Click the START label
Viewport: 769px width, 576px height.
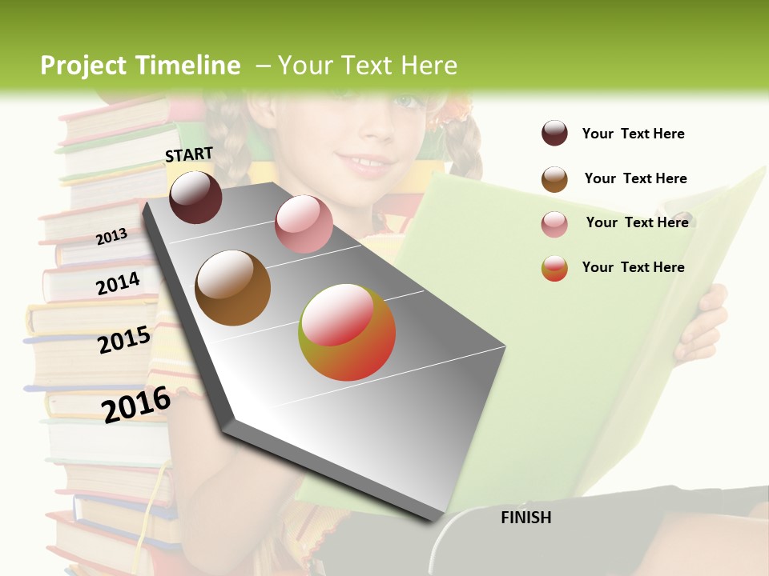(x=189, y=154)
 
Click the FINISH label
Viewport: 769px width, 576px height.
(x=525, y=518)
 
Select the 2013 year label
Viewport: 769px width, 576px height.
(x=111, y=236)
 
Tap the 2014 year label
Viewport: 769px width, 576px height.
(x=118, y=283)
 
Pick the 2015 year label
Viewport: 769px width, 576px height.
(x=124, y=340)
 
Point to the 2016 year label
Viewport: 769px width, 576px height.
(x=136, y=404)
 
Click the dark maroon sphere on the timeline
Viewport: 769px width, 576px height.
(x=195, y=197)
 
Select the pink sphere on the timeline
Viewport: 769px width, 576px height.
(x=304, y=224)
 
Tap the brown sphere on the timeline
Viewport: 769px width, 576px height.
(x=232, y=288)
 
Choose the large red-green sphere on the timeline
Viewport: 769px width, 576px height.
(x=347, y=332)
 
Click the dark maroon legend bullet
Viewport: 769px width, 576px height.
(x=554, y=133)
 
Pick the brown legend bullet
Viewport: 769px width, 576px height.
(x=554, y=179)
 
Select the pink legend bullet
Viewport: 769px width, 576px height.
(x=554, y=224)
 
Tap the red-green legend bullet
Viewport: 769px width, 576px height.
(x=554, y=268)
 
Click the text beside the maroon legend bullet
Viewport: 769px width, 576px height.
(x=633, y=134)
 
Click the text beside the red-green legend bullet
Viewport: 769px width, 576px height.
(x=633, y=267)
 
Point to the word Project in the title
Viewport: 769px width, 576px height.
(x=83, y=66)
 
